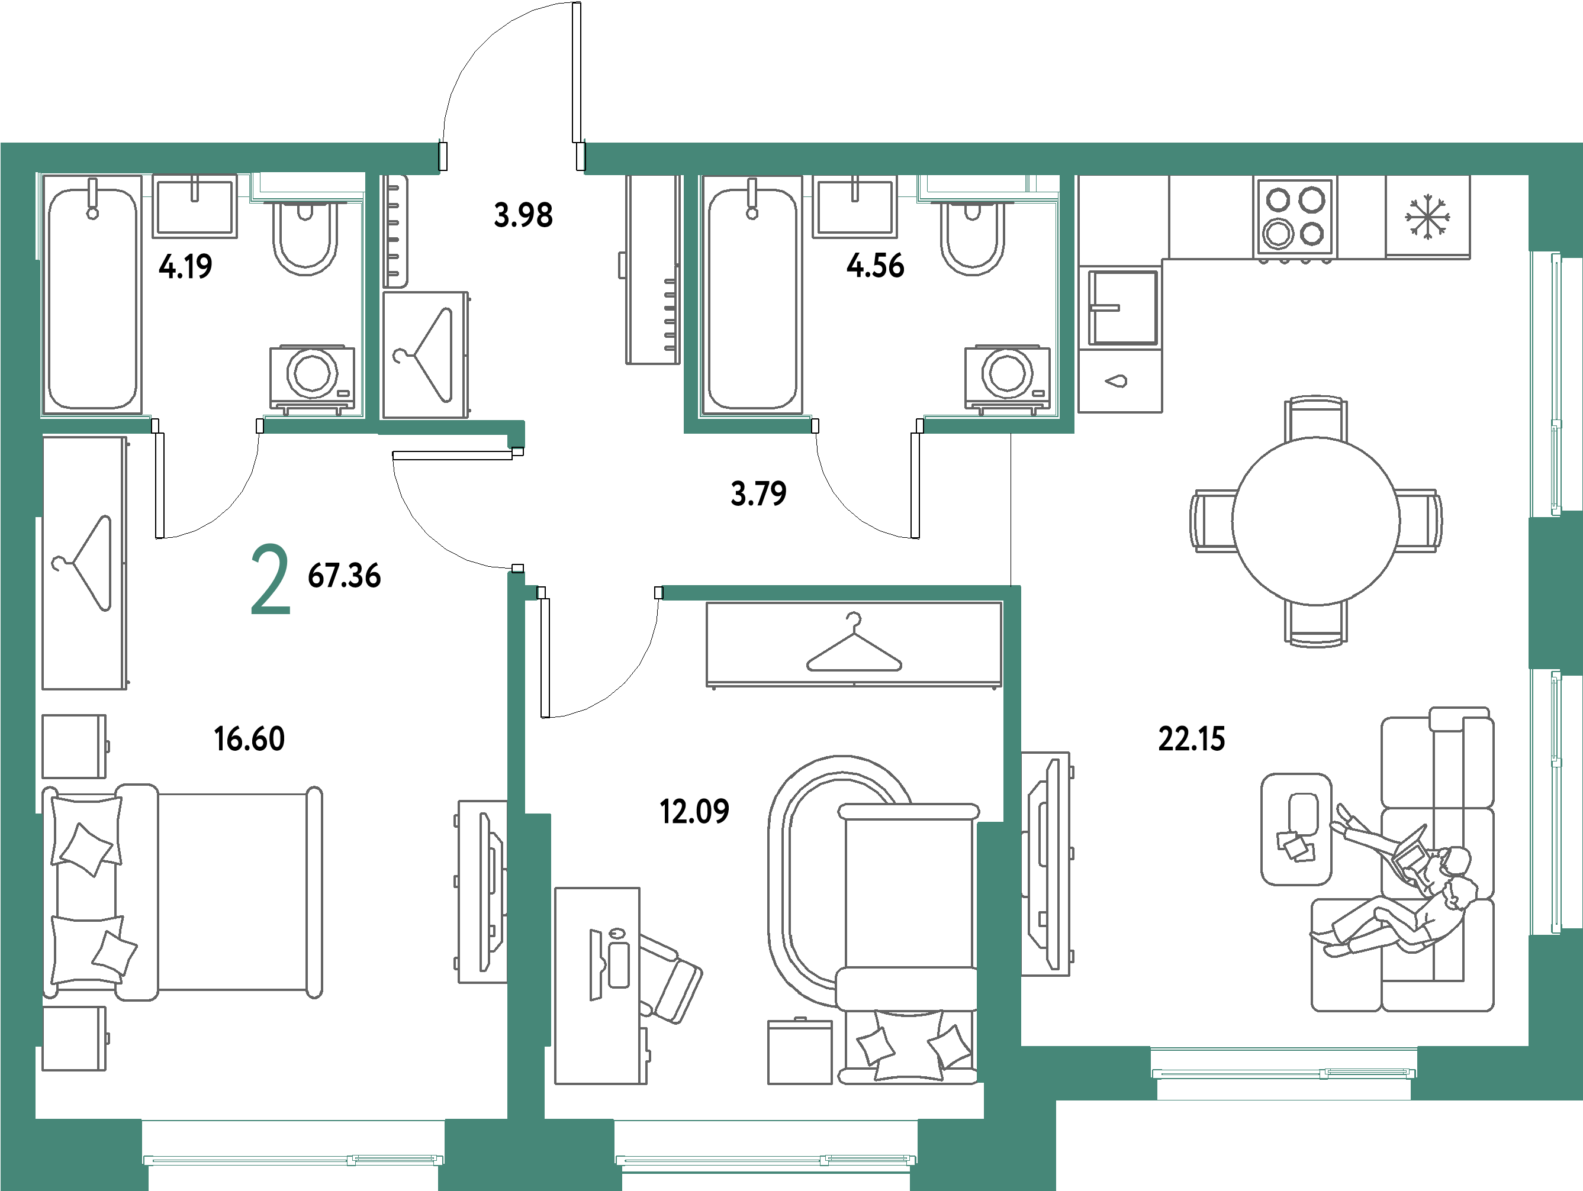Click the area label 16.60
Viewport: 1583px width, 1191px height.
pos(250,738)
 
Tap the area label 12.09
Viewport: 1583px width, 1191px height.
pos(694,811)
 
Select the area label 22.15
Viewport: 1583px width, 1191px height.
pos(1192,738)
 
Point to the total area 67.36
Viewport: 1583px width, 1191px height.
pos(344,575)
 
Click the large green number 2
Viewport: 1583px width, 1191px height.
pos(271,579)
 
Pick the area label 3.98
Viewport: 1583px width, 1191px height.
pos(523,215)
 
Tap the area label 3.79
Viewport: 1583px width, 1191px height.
pos(758,493)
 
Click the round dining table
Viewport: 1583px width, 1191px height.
pos(1315,521)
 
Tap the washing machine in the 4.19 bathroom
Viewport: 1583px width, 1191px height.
pos(313,377)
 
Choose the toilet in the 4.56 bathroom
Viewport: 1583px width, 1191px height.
pos(973,236)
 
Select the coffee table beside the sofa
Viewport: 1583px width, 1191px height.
pos(1296,828)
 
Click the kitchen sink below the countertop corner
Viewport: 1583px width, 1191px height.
pos(1122,307)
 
